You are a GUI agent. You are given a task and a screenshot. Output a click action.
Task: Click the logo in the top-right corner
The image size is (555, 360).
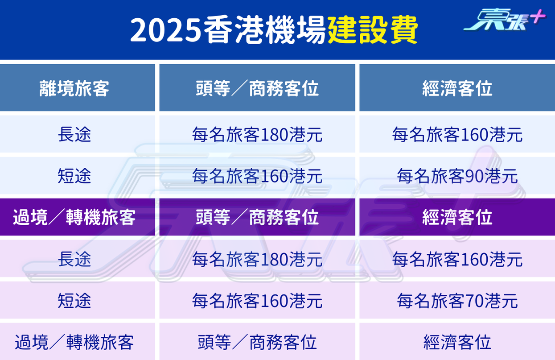504,20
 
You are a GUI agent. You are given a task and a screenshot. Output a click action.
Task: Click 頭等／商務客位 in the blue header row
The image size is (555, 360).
257,88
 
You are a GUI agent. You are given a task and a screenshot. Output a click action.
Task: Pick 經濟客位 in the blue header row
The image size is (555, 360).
457,88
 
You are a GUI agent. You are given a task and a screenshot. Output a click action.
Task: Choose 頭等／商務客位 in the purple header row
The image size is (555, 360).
257,217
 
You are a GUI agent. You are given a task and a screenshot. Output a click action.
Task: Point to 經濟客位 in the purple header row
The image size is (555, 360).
457,217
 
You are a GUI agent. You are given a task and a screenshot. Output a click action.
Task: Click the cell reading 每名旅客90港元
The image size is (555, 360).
457,176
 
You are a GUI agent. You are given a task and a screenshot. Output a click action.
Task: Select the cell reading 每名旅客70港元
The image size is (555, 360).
457,301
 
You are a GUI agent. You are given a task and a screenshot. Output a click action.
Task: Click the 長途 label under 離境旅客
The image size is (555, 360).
74,134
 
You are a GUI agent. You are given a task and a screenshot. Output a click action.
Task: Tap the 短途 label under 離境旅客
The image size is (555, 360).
74,176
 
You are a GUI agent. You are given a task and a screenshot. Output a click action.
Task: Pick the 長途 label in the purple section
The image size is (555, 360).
74,259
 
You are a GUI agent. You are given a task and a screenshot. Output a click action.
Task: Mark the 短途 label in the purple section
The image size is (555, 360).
74,301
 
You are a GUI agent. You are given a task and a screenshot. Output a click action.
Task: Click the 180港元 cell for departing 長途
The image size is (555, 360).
257,134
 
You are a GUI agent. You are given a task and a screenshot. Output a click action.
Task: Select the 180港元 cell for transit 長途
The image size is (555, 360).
257,259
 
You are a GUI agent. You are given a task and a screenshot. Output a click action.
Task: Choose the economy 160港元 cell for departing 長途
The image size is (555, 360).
457,134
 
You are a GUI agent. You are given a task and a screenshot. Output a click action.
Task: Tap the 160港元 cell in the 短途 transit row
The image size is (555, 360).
257,301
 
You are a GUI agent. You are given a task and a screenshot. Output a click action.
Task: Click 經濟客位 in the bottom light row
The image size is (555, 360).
457,342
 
